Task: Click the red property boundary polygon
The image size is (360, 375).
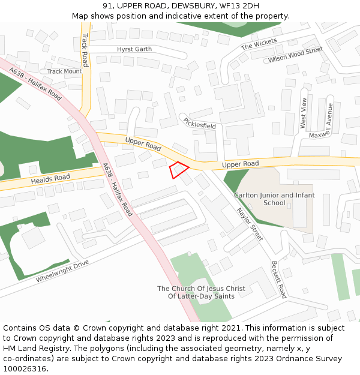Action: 178,170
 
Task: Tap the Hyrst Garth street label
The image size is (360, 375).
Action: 134,49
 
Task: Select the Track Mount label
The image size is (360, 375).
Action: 64,71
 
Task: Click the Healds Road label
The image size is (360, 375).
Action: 50,179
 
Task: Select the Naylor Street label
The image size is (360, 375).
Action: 250,224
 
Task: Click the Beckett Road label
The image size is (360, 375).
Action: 278,280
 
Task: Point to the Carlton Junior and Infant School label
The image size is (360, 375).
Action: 274,199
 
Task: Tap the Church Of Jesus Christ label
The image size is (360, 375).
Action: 201,292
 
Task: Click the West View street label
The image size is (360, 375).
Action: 304,112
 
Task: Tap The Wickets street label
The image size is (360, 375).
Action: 259,44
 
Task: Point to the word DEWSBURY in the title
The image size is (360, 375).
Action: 181,5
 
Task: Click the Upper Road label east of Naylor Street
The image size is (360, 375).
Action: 240,164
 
